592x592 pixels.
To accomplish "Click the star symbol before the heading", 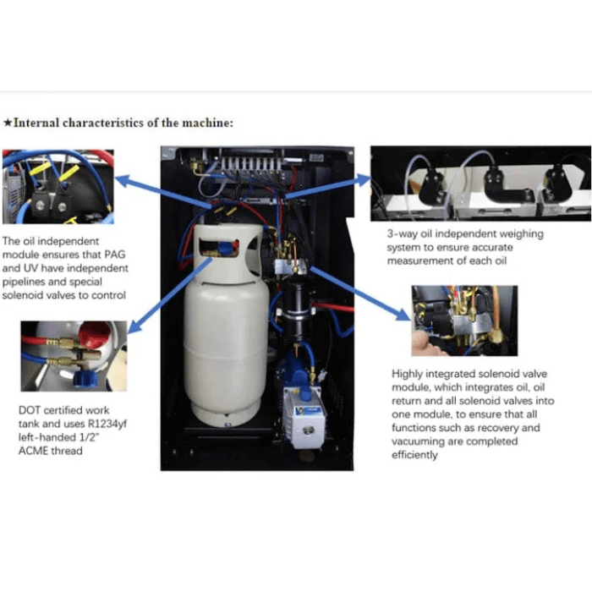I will click(8, 123).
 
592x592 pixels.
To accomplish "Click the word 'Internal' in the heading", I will click(36, 123).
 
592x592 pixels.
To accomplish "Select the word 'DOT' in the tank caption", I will click(30, 410).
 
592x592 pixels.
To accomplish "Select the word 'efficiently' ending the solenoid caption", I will click(415, 455).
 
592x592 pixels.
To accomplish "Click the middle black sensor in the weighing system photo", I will click(495, 181).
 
